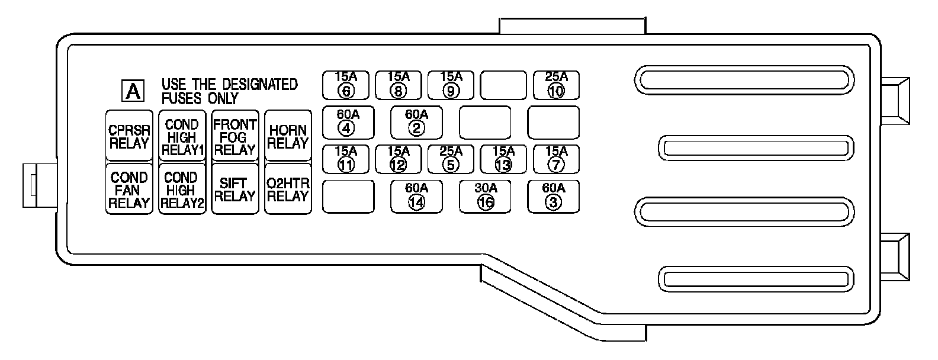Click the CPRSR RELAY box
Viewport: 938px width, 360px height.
click(129, 136)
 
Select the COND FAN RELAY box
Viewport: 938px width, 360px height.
click(129, 189)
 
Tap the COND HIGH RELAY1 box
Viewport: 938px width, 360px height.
click(182, 136)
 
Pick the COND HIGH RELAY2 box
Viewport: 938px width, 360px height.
click(182, 189)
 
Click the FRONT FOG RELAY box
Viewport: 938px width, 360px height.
click(235, 136)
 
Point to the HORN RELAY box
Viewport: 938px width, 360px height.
click(288, 136)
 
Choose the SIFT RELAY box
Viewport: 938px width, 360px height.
click(235, 189)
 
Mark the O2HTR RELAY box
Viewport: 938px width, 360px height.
click(288, 189)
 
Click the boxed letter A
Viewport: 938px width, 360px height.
click(134, 91)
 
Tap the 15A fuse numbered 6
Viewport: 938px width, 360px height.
click(346, 85)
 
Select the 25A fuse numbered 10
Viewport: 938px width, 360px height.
click(556, 85)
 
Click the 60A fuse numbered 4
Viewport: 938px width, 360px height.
click(348, 121)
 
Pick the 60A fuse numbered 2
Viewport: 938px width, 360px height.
click(416, 121)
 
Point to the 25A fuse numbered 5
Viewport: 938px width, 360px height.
click(451, 159)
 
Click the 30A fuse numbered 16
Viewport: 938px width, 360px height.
click(486, 196)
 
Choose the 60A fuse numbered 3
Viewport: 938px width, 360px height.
click(554, 196)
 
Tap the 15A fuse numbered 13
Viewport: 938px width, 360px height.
click(503, 159)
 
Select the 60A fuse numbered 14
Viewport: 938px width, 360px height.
click(416, 196)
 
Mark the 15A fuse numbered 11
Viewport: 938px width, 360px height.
click(346, 159)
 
